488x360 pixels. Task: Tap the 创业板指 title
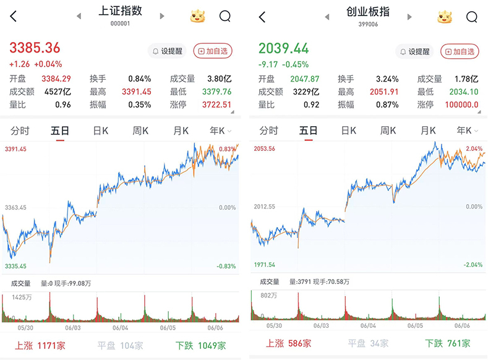tap(369, 11)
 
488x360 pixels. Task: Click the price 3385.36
tap(35, 48)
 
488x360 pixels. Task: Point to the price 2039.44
tap(283, 48)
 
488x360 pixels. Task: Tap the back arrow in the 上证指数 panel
tap(14, 17)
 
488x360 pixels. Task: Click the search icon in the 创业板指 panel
tap(473, 17)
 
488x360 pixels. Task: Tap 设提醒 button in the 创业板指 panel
tap(414, 52)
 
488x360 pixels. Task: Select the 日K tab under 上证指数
tap(101, 131)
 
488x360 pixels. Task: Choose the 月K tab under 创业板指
tap(428, 131)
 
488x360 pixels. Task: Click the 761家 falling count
tap(456, 343)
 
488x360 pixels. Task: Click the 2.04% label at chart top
tap(474, 149)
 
